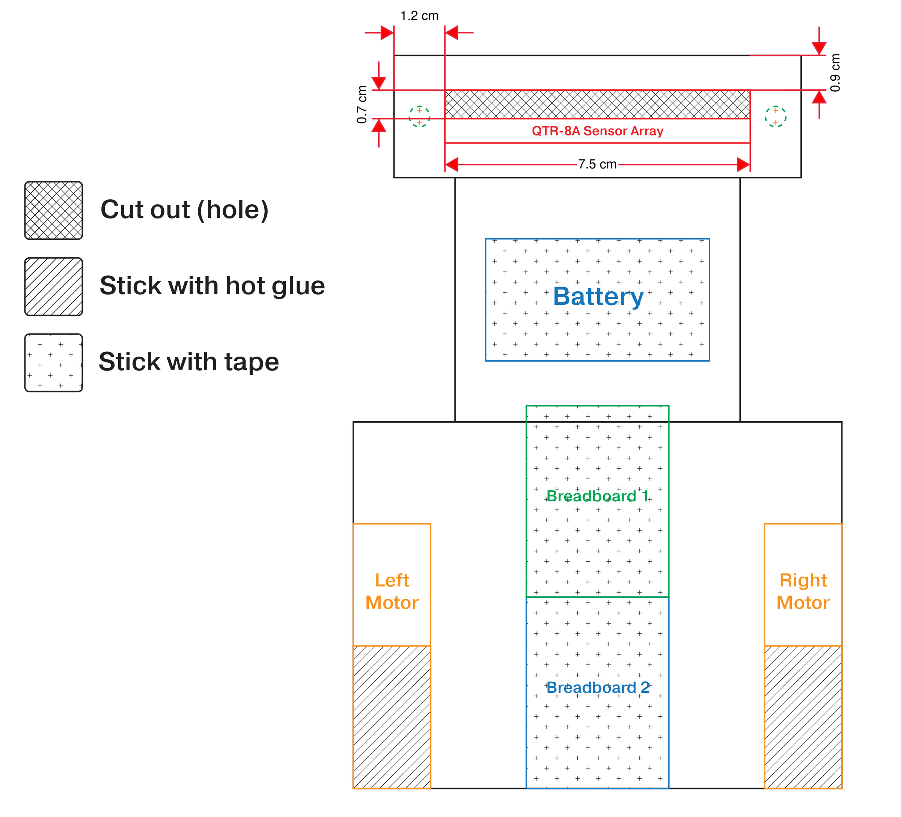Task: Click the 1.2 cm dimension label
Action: click(x=419, y=16)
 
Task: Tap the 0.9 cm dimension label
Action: click(x=835, y=73)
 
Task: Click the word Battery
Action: click(x=598, y=296)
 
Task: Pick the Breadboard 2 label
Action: click(x=598, y=687)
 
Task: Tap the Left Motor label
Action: click(x=392, y=591)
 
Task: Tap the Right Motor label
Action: click(x=803, y=591)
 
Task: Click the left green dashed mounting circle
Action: click(x=419, y=117)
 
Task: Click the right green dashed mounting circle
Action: click(x=775, y=117)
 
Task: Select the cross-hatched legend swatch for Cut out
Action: click(x=54, y=211)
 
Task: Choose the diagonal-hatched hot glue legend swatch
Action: click(x=54, y=286)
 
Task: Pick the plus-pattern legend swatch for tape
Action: click(x=54, y=362)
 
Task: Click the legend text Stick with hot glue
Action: click(x=212, y=286)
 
